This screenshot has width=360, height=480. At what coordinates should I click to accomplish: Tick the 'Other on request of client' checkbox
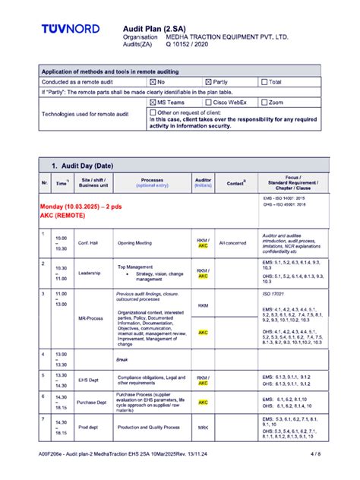(153, 112)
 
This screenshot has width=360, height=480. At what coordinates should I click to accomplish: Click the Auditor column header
(203, 182)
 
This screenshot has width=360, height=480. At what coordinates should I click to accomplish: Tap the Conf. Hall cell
(89, 243)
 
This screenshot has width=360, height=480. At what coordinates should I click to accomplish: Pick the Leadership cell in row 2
(89, 273)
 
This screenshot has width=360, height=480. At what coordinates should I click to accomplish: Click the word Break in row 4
(122, 359)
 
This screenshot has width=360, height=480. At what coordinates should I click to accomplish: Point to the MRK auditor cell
(203, 428)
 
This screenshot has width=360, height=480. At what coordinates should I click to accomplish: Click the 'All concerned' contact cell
(232, 243)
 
